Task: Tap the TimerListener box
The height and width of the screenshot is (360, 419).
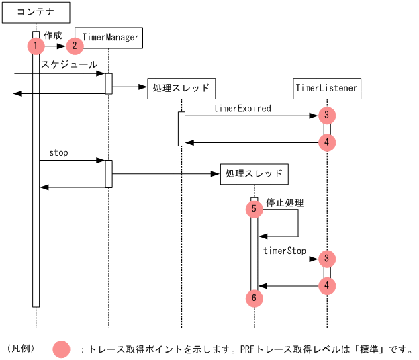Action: click(327, 88)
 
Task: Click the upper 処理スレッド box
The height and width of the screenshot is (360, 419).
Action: click(181, 88)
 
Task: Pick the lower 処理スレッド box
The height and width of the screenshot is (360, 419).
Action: click(254, 174)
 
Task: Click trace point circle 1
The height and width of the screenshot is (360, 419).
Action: click(35, 46)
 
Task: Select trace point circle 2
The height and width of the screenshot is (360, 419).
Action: click(75, 46)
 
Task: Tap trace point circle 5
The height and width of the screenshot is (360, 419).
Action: click(254, 209)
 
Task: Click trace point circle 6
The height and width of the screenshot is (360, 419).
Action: click(254, 297)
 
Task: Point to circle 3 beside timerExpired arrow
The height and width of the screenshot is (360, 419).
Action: click(326, 115)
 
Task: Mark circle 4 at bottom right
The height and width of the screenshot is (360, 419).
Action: click(326, 286)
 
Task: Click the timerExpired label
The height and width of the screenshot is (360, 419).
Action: click(242, 108)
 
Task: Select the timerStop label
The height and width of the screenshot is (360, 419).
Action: click(284, 251)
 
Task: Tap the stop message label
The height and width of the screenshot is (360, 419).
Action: click(58, 152)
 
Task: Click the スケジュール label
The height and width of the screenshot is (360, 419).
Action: click(69, 64)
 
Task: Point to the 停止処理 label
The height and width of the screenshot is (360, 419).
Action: click(285, 202)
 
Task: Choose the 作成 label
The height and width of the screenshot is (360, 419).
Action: click(53, 34)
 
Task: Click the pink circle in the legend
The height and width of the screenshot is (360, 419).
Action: click(62, 349)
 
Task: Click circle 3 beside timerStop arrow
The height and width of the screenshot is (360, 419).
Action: click(326, 258)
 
